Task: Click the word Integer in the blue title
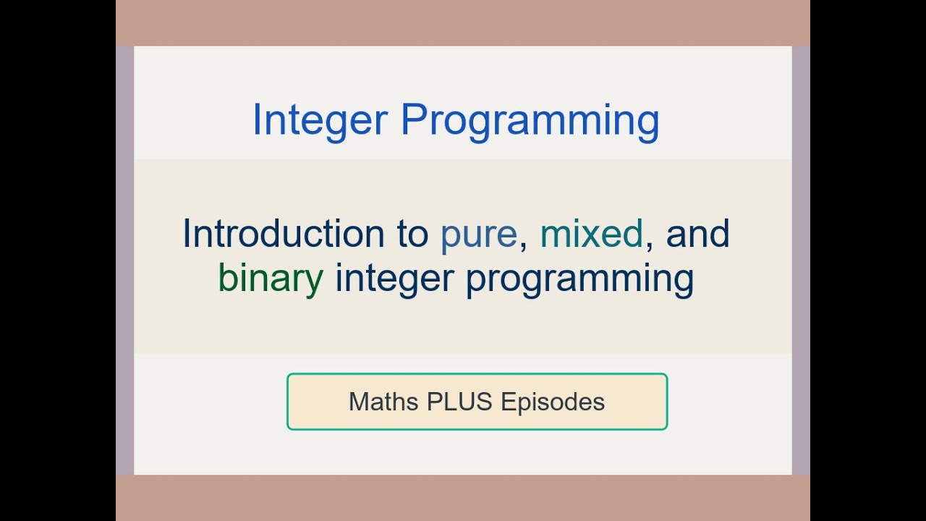(x=320, y=120)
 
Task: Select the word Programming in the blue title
(x=530, y=120)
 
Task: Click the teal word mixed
(x=591, y=234)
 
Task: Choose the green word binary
(x=271, y=279)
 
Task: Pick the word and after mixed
(x=697, y=234)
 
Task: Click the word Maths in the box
(x=383, y=402)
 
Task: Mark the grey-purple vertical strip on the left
(x=124, y=260)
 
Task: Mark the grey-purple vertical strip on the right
(x=801, y=260)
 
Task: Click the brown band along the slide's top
(x=463, y=22)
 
